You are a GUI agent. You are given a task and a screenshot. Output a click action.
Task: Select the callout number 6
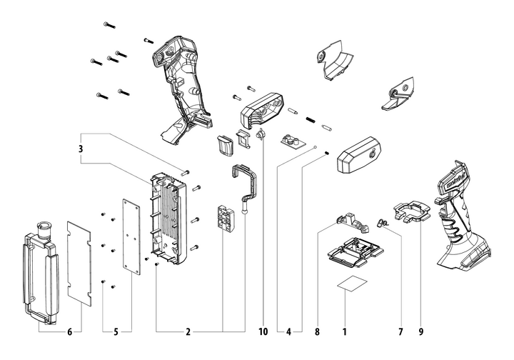coord(70,332)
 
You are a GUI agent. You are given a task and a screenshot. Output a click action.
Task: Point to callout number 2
coord(188,332)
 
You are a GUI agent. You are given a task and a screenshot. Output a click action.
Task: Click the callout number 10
coord(264,332)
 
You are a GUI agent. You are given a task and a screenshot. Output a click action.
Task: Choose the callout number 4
coord(288,332)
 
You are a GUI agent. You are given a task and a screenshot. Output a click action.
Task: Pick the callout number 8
coord(316,332)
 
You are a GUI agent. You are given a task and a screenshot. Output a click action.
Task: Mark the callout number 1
coord(344,332)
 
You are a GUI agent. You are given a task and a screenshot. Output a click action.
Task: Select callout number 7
coord(400,332)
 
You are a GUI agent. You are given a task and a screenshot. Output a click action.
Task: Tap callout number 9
coord(421,332)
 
